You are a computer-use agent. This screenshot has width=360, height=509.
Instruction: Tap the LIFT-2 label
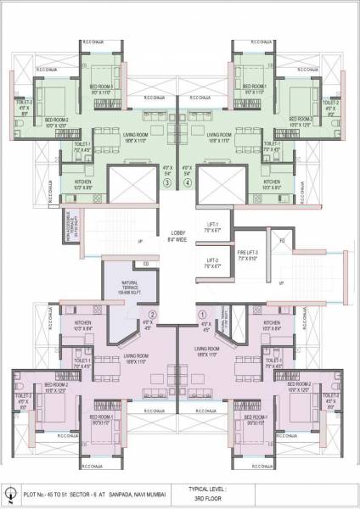pyautogui.click(x=211, y=262)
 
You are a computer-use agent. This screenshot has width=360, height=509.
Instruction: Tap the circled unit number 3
pyautogui.click(x=168, y=182)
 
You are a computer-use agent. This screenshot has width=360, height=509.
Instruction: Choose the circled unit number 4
pyautogui.click(x=188, y=182)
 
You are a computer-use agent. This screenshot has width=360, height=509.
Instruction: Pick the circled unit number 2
pyautogui.click(x=154, y=312)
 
